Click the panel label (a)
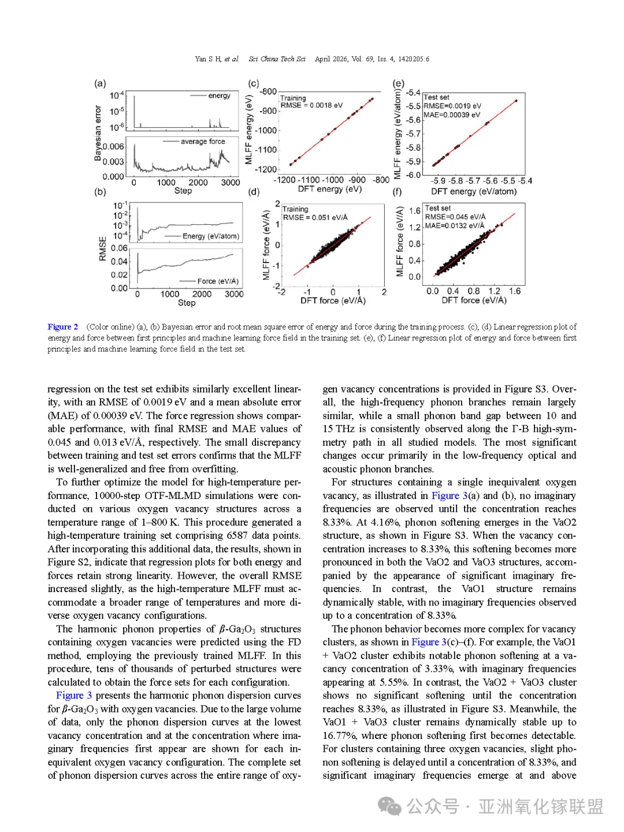pyautogui.click(x=100, y=83)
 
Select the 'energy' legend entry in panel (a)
pyautogui.click(x=219, y=96)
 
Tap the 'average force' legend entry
pyautogui.click(x=203, y=142)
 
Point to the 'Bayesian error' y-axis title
pyautogui.click(x=98, y=133)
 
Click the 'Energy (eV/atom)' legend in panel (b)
pyautogui.click(x=210, y=236)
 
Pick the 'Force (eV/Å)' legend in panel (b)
pyautogui.click(x=218, y=282)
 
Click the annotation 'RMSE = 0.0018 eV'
pyautogui.click(x=311, y=105)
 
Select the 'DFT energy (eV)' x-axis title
pyautogui.click(x=329, y=189)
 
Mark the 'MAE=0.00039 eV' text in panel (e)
pyautogui.click(x=451, y=115)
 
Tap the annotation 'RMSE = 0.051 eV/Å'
pyautogui.click(x=315, y=217)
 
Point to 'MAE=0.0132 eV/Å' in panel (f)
pyautogui.click(x=455, y=225)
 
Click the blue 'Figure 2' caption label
pyautogui.click(x=62, y=327)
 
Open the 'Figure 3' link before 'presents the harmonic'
pyautogui.click(x=74, y=696)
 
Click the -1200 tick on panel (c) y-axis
pyautogui.click(x=266, y=169)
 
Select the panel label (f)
pyautogui.click(x=397, y=191)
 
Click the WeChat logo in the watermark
pyautogui.click(x=389, y=806)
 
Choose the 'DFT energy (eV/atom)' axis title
pyautogui.click(x=474, y=191)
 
